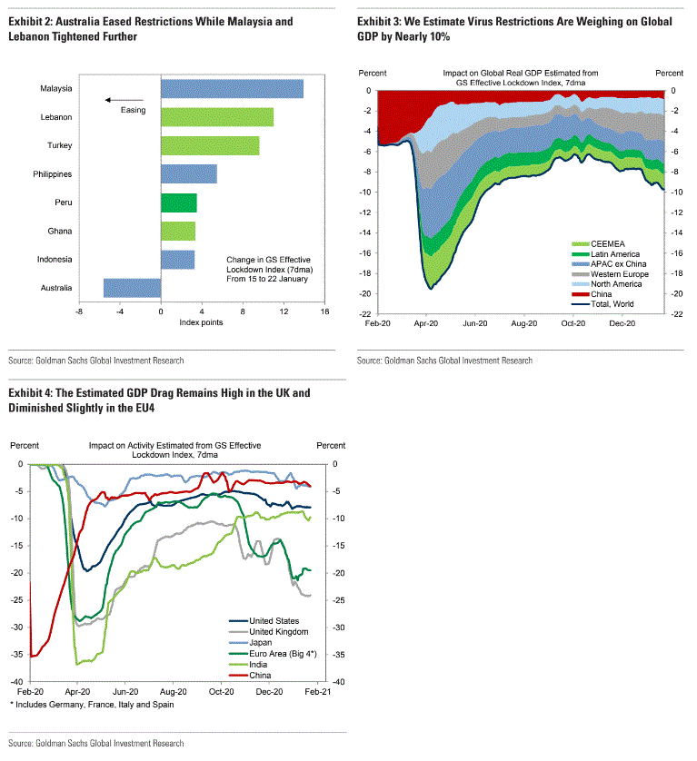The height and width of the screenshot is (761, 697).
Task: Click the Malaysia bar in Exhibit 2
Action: [232, 88]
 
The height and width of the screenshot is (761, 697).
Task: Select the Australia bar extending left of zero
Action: [132, 288]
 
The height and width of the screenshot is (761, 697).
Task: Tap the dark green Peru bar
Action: [178, 203]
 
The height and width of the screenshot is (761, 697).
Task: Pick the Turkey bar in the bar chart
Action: [209, 145]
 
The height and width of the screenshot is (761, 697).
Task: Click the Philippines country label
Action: [53, 173]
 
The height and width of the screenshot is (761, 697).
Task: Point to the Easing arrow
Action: [124, 100]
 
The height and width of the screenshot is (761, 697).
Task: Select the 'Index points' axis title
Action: [201, 322]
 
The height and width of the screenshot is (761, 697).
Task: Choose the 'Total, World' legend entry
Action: [612, 303]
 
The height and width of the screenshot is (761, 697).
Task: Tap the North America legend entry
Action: [616, 283]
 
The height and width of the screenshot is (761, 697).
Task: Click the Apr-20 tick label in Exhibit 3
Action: [425, 322]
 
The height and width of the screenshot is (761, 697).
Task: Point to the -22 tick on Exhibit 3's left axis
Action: [366, 313]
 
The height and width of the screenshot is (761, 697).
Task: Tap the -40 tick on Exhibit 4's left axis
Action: [17, 681]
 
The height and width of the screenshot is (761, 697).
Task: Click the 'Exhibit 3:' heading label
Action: [383, 20]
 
